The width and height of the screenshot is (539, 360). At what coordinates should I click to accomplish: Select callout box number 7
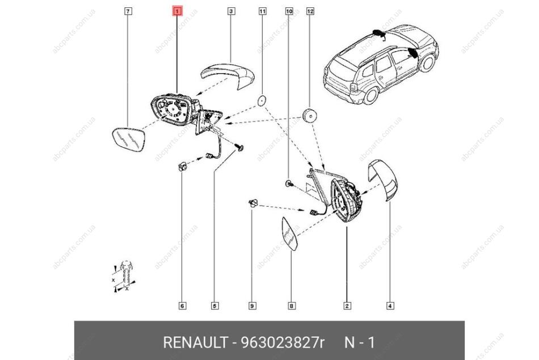pyautogui.click(x=128, y=12)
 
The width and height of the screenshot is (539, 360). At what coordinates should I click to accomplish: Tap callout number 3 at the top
pyautogui.click(x=231, y=12)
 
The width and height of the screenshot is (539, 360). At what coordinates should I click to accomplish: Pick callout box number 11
pyautogui.click(x=262, y=12)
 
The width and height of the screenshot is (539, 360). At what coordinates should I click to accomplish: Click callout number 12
pyautogui.click(x=310, y=12)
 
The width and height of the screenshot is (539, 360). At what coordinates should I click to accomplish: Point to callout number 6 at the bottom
pyautogui.click(x=183, y=305)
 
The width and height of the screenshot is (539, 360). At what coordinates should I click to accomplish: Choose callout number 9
pyautogui.click(x=252, y=305)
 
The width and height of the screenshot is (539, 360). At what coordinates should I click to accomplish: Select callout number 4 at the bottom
pyautogui.click(x=390, y=305)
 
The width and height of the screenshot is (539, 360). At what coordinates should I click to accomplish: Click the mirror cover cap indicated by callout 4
pyautogui.click(x=382, y=179)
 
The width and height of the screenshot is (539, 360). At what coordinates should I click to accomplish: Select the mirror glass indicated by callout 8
pyautogui.click(x=289, y=235)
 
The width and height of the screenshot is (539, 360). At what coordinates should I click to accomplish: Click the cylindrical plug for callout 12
pyautogui.click(x=310, y=115)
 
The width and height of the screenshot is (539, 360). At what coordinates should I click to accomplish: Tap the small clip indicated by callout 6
pyautogui.click(x=182, y=167)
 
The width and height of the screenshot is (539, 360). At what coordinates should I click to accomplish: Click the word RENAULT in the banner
pyautogui.click(x=195, y=342)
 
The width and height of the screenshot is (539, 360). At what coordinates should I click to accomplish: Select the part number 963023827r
pyautogui.click(x=283, y=342)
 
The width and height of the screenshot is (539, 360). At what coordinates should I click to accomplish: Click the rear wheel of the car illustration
pyautogui.click(x=370, y=95)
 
